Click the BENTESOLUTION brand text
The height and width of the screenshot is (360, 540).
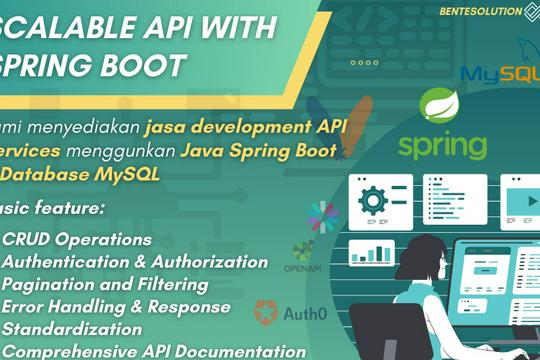point(480,11)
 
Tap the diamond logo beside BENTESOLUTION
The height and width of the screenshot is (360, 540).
point(530,11)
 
